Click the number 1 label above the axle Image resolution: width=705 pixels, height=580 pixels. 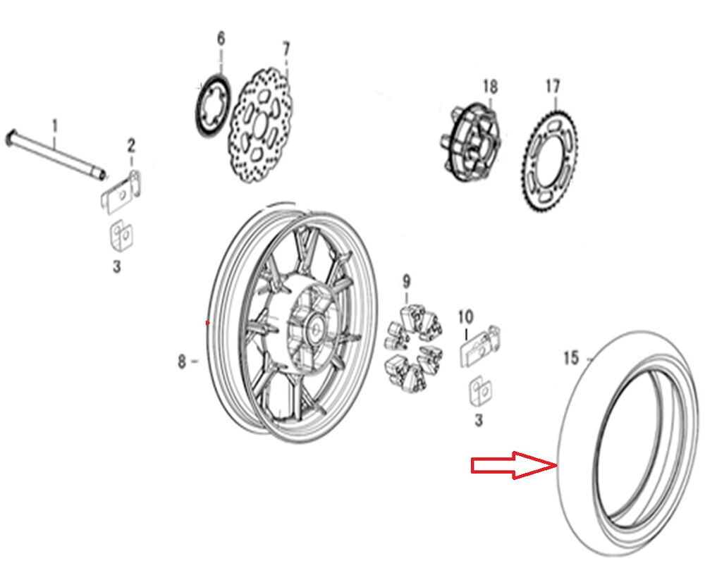click(x=55, y=126)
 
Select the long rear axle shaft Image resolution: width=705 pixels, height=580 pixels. click(x=56, y=154)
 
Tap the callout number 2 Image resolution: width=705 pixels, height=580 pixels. click(x=131, y=145)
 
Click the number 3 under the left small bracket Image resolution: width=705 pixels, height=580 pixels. click(x=117, y=266)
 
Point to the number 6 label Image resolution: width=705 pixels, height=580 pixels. click(x=221, y=39)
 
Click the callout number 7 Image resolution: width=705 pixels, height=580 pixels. click(x=286, y=49)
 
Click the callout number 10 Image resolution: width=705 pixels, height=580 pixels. click(x=466, y=317)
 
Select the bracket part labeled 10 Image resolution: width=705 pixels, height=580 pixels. click(x=479, y=346)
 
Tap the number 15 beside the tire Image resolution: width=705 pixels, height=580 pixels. click(x=571, y=358)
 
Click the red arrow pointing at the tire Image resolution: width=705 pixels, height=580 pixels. click(x=514, y=465)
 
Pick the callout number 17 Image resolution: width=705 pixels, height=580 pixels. click(x=553, y=86)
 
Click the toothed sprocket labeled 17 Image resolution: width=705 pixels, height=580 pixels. click(x=551, y=159)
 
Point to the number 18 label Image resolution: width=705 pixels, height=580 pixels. click(x=490, y=86)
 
